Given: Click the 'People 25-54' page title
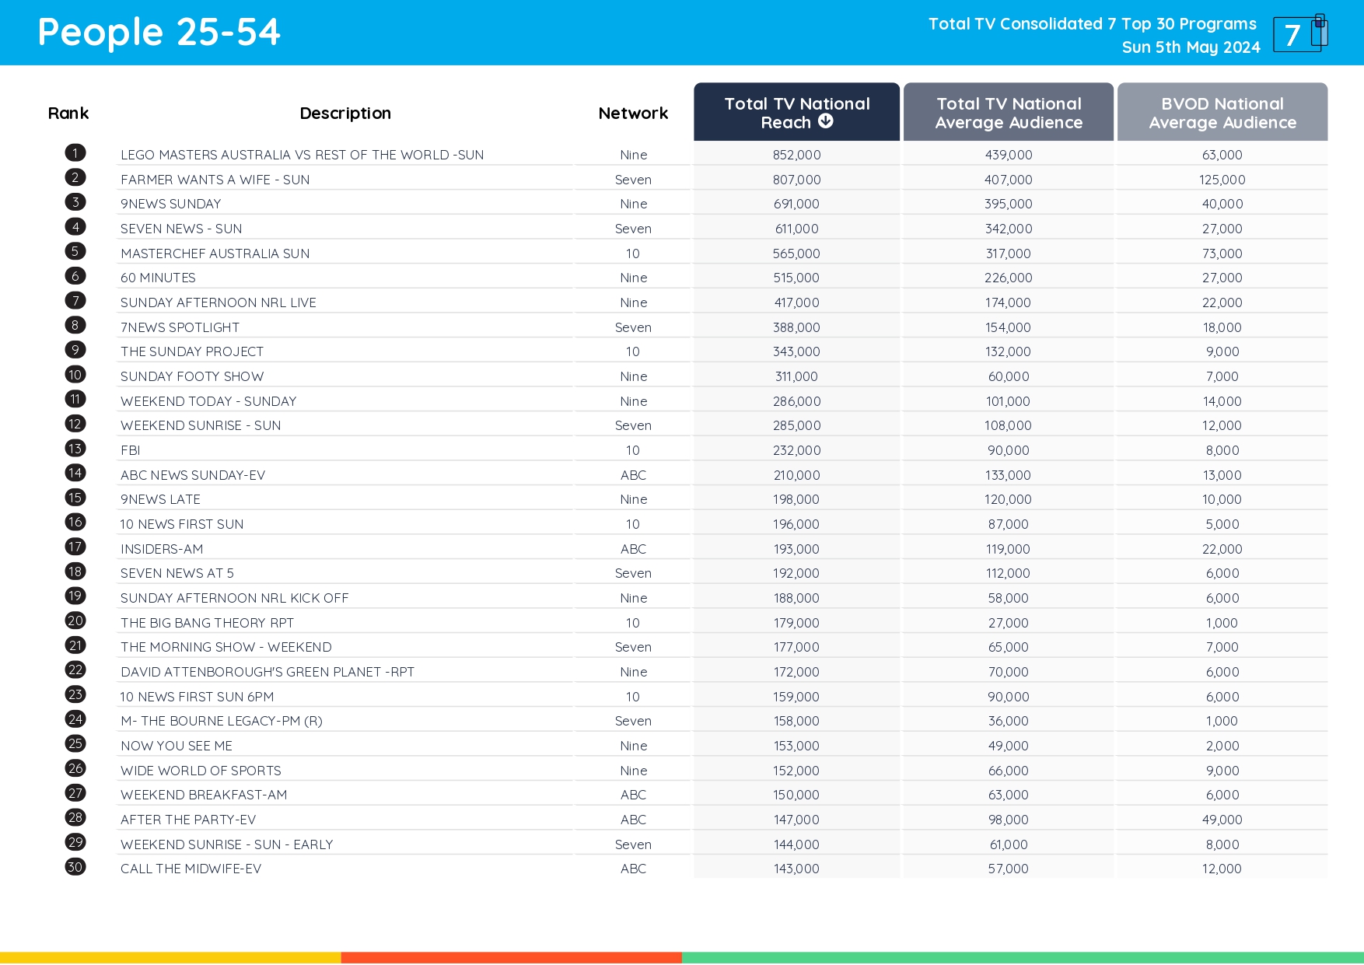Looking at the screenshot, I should click(x=159, y=33).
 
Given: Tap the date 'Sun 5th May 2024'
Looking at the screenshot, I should click(x=1191, y=47).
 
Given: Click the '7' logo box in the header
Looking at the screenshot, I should click(x=1297, y=35).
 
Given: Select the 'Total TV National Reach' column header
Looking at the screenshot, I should click(x=796, y=113).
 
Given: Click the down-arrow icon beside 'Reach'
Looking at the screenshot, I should click(x=826, y=121).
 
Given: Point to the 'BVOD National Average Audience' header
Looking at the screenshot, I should click(x=1222, y=113).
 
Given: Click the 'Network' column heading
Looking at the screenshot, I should click(x=633, y=114).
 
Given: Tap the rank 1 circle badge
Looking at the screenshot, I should click(x=75, y=153).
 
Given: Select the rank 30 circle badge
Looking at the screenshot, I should click(x=75, y=867).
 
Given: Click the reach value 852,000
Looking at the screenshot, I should click(x=796, y=155).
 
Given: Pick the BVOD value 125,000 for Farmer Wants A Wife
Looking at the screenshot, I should click(x=1222, y=180).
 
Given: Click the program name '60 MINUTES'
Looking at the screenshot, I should click(x=158, y=278).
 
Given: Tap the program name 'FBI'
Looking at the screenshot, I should click(x=130, y=450).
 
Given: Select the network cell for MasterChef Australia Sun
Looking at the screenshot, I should click(x=633, y=253).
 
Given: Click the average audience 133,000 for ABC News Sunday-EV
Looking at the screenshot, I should click(x=1008, y=475).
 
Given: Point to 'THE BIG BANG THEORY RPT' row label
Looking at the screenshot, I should click(x=207, y=623).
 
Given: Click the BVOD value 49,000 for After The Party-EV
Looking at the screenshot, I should click(x=1222, y=820).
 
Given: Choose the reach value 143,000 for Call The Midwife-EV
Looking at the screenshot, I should click(x=796, y=869).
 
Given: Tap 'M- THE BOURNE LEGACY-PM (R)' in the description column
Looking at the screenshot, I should click(x=222, y=721).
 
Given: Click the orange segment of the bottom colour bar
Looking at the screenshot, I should click(x=511, y=958).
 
